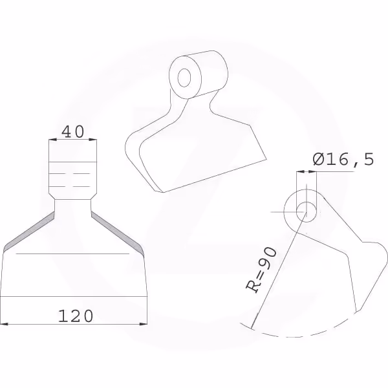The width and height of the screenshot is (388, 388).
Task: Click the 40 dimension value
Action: click(72, 132)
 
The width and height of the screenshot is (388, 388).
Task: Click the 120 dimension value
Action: click(76, 316)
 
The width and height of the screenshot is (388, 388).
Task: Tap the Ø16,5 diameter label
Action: click(343, 159)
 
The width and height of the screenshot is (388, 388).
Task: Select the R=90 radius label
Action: click(261, 270)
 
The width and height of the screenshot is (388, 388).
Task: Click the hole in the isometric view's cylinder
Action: click(184, 78)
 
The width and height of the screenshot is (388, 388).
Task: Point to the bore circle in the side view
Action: click(307, 212)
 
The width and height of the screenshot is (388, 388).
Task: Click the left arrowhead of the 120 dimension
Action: click(5, 324)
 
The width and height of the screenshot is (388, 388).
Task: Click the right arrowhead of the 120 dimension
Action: click(144, 324)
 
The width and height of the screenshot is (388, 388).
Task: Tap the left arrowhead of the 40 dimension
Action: click(53, 140)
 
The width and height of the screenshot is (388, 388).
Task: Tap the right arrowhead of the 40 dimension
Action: click(92, 140)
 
